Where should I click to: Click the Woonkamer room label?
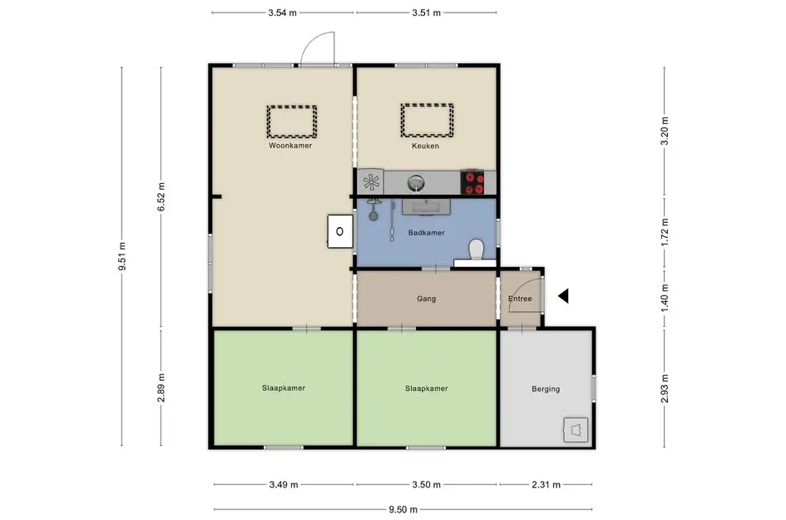click(x=290, y=146)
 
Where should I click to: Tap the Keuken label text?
click(x=425, y=146)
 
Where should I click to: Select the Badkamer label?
click(x=426, y=233)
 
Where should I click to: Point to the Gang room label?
click(x=426, y=299)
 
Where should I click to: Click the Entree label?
click(x=520, y=299)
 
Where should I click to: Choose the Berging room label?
click(x=546, y=389)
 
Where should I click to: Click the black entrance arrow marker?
click(x=563, y=296)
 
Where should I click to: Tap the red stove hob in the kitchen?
click(x=472, y=182)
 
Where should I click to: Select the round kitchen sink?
click(x=416, y=182)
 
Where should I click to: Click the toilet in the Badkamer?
click(x=476, y=250)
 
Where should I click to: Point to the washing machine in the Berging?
click(x=576, y=430)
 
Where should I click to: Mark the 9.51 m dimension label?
click(x=121, y=256)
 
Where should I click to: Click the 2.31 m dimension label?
click(x=546, y=484)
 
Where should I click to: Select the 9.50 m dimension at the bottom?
click(x=403, y=509)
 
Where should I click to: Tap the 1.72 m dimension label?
click(x=665, y=232)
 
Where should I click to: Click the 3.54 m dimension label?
click(x=282, y=12)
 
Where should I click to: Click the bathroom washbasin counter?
click(x=426, y=206)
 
